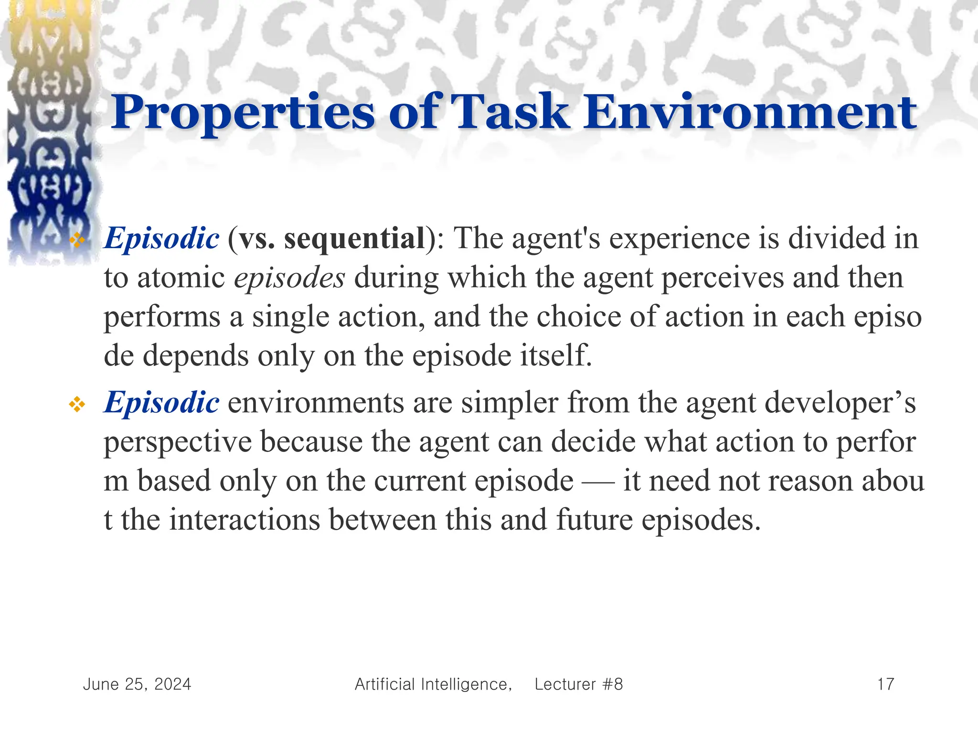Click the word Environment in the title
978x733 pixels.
tap(750, 113)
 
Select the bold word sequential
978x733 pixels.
tap(354, 238)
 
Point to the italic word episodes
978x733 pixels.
tap(289, 278)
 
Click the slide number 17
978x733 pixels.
tap(885, 684)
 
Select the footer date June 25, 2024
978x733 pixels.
tap(137, 684)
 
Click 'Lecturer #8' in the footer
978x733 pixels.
tap(578, 684)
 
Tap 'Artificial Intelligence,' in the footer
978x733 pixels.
tap(433, 684)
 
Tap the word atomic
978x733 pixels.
tap(181, 278)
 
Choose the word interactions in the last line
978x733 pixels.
tap(244, 520)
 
